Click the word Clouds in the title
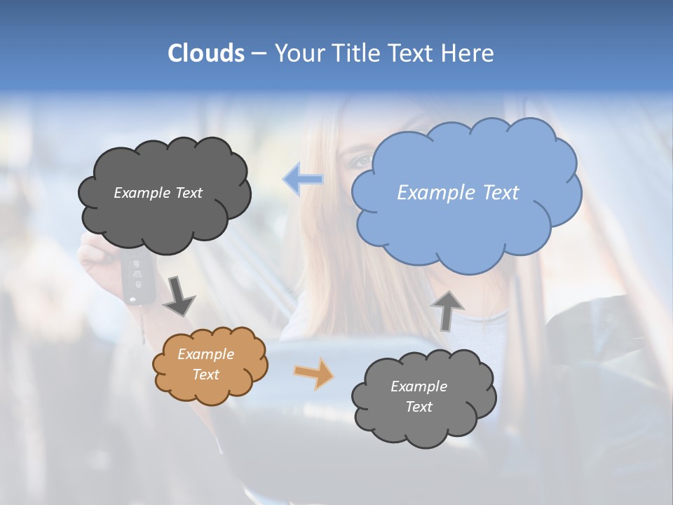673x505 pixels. pyautogui.click(x=205, y=53)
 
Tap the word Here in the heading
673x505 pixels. pyautogui.click(x=469, y=53)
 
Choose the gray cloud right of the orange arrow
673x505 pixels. pyautogui.click(x=423, y=397)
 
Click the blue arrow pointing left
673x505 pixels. pyautogui.click(x=303, y=180)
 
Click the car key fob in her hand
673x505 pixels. pyautogui.click(x=137, y=278)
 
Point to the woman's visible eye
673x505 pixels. pyautogui.click(x=362, y=161)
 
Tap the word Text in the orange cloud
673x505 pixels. pyautogui.click(x=206, y=375)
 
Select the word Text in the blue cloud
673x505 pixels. pyautogui.click(x=501, y=193)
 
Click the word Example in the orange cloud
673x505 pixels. pyautogui.click(x=206, y=354)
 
